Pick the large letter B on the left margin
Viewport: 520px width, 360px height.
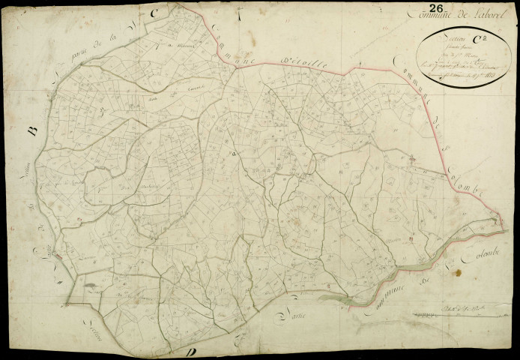pos(32,130)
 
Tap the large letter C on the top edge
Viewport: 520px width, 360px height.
pos(154,13)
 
